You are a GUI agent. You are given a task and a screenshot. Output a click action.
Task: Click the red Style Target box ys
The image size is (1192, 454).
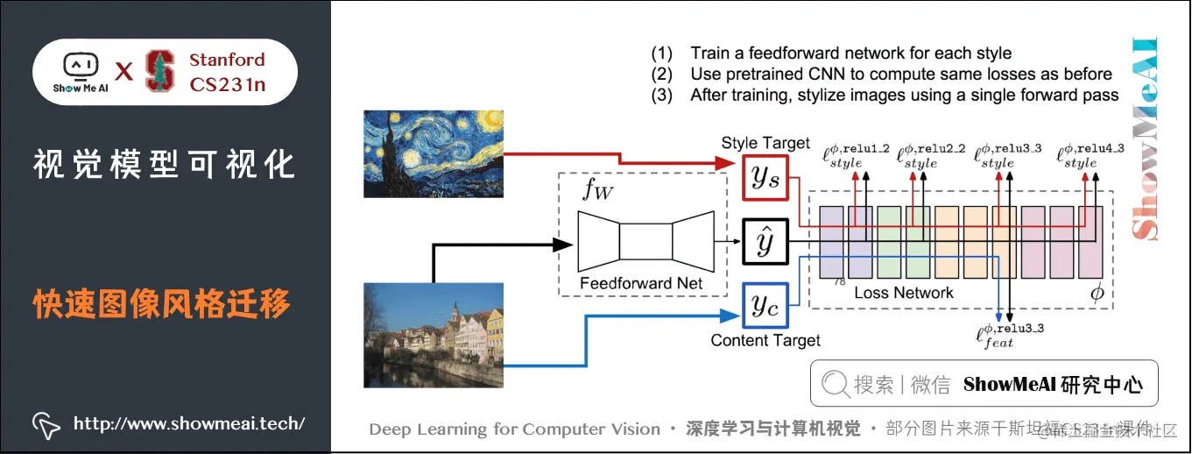(765, 176)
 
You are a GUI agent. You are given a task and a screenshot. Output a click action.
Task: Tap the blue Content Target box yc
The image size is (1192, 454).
(765, 304)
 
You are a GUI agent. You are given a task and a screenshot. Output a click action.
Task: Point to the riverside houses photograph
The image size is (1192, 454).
(433, 335)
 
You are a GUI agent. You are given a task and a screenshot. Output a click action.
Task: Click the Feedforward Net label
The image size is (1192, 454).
(642, 283)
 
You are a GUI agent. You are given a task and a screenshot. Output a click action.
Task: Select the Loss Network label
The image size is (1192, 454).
(903, 293)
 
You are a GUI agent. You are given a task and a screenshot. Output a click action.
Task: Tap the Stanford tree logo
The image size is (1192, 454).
(160, 72)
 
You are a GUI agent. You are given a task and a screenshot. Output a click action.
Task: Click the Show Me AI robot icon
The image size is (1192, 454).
(80, 67)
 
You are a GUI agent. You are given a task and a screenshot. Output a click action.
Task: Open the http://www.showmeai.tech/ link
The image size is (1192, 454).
(188, 424)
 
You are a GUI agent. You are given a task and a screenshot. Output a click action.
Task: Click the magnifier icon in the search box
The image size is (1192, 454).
(836, 385)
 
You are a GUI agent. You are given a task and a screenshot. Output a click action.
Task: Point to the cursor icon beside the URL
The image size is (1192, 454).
(46, 425)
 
